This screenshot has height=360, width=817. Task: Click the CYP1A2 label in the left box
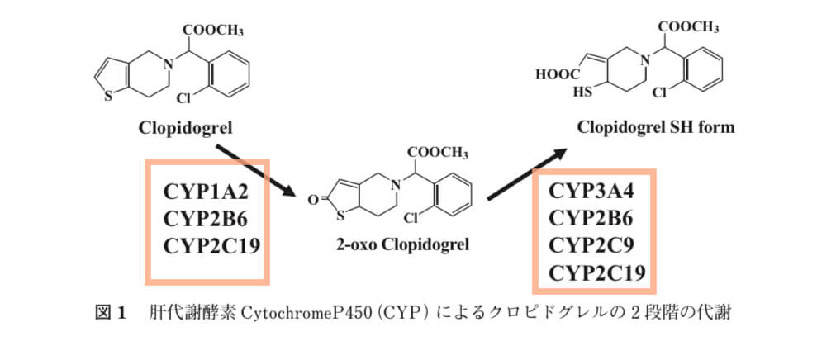206,192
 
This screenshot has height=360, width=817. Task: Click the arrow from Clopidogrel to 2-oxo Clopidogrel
257,170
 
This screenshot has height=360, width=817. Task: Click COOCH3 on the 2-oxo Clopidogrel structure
438,153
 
